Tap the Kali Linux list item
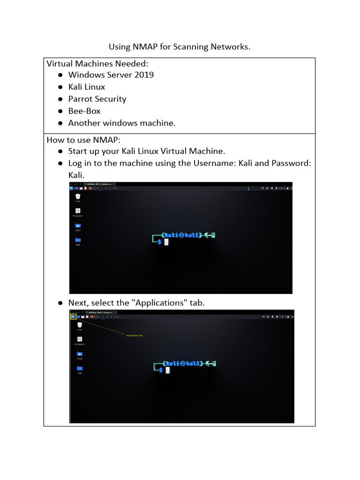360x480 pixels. [87, 87]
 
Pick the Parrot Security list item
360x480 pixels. [97, 99]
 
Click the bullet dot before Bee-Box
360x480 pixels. [60, 112]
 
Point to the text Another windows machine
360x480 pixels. [122, 123]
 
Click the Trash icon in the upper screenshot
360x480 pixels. [78, 196]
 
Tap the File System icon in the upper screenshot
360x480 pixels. [78, 211]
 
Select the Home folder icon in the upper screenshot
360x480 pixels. [78, 226]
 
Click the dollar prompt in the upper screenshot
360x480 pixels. [160, 242]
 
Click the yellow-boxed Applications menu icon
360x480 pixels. [73, 316]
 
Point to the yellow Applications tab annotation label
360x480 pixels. [134, 335]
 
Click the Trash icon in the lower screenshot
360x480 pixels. [80, 324]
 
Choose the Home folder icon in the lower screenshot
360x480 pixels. [80, 354]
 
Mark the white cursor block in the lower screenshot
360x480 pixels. [167, 370]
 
